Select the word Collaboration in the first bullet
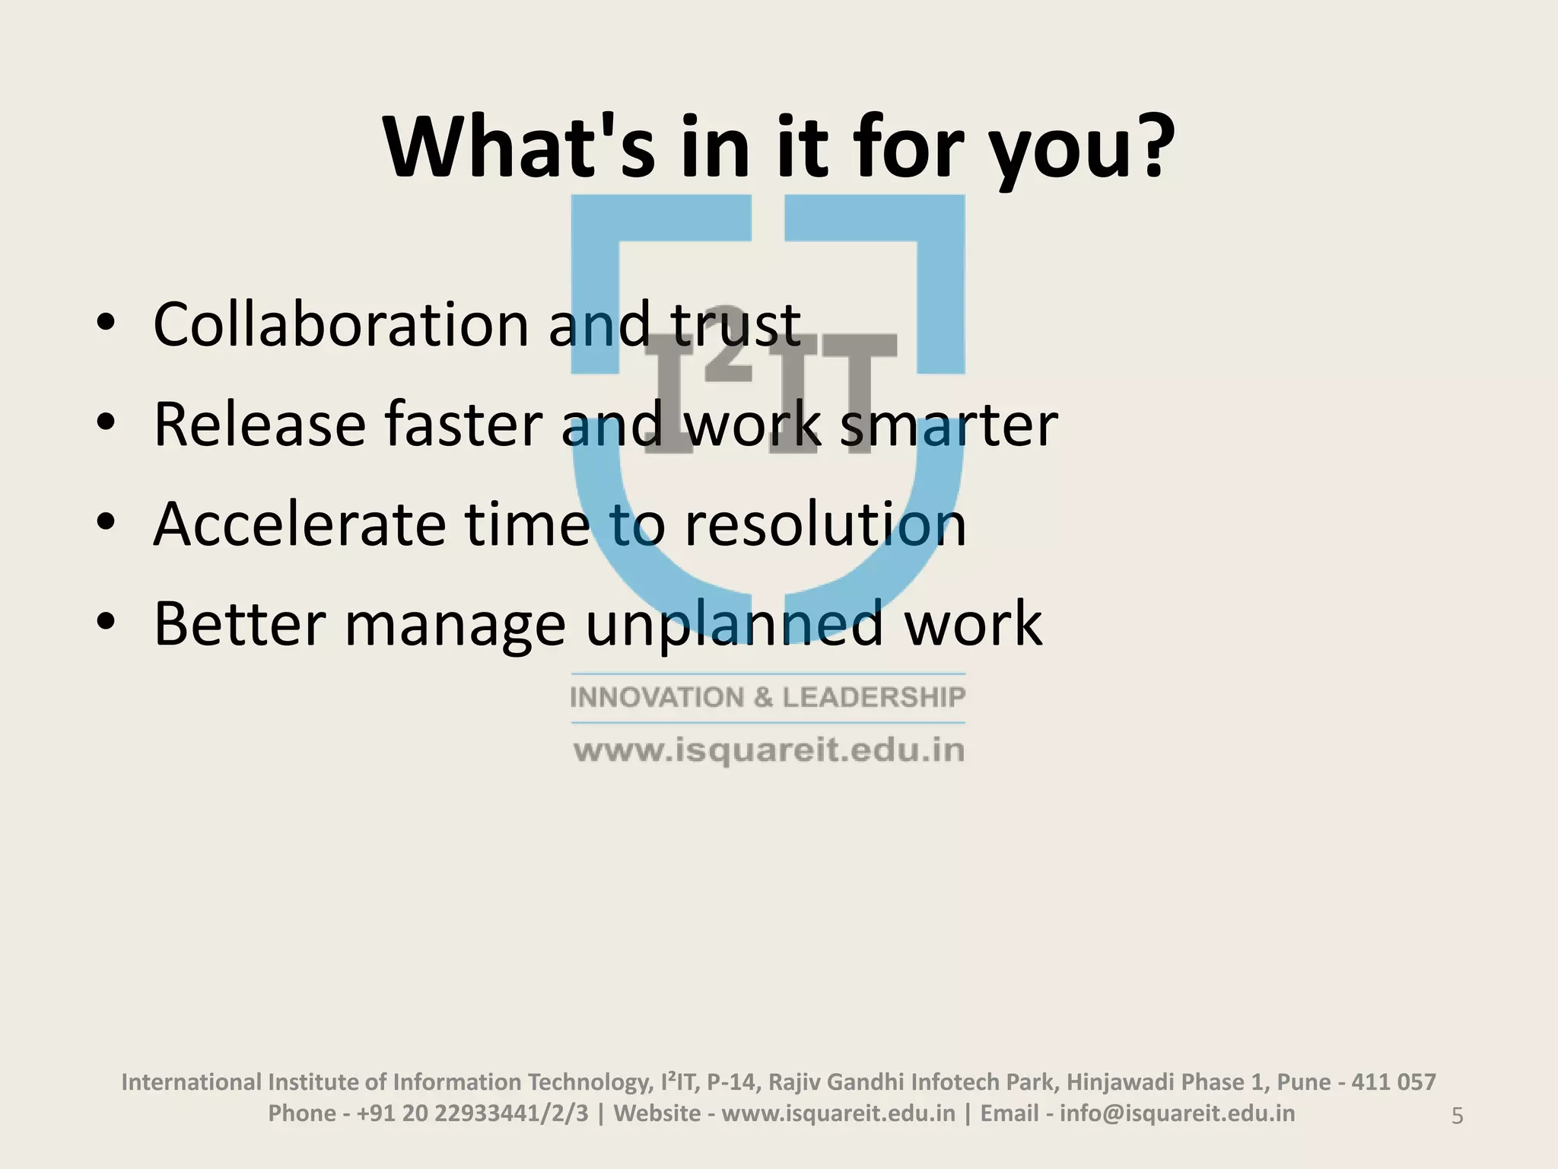[341, 325]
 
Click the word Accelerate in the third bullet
[299, 524]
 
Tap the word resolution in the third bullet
[825, 524]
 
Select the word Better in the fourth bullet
[240, 623]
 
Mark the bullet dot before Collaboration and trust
[106, 323]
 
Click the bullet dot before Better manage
[106, 623]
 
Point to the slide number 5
[1457, 1116]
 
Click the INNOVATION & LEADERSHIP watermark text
[768, 697]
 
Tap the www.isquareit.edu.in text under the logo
[768, 750]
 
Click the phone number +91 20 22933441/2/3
[472, 1113]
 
